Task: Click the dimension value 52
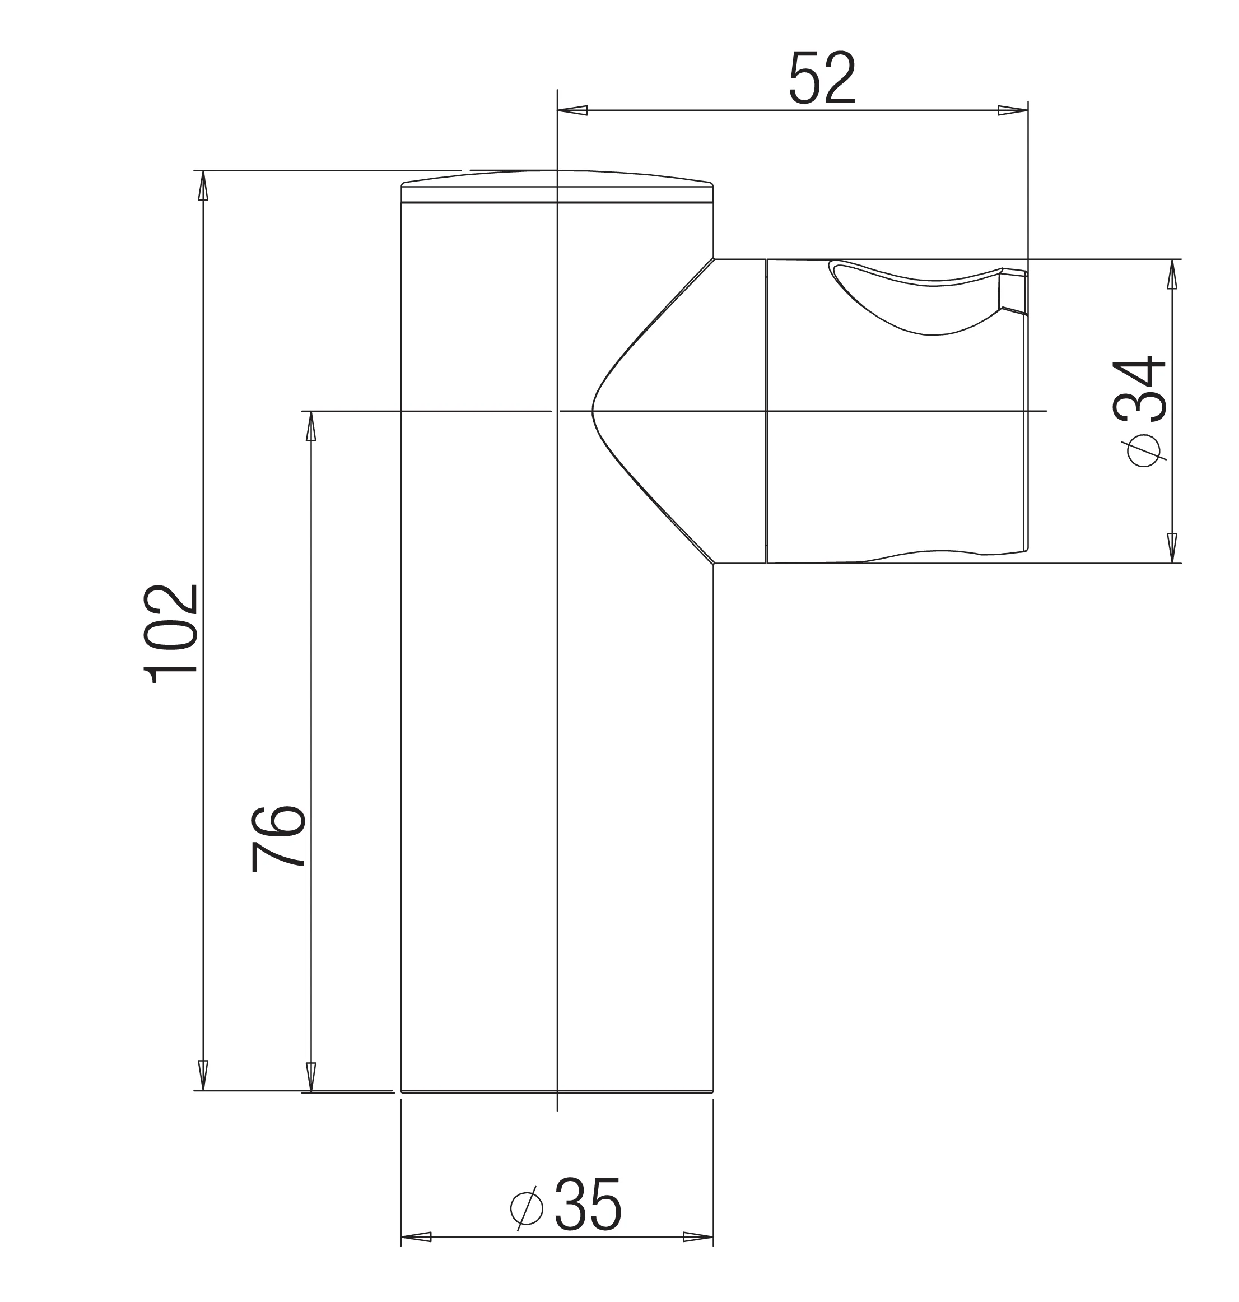pyautogui.click(x=822, y=78)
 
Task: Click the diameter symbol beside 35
pyautogui.click(x=527, y=1208)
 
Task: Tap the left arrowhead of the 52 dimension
pyautogui.click(x=572, y=110)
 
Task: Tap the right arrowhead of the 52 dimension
pyautogui.click(x=1013, y=110)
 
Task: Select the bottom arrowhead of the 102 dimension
pyautogui.click(x=203, y=1075)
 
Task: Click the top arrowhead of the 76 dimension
pyautogui.click(x=310, y=426)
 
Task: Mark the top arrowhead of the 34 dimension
pyautogui.click(x=1172, y=274)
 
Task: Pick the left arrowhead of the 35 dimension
pyautogui.click(x=416, y=1236)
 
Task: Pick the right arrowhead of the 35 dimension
pyautogui.click(x=698, y=1236)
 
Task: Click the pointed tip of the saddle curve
pyautogui.click(x=594, y=411)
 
